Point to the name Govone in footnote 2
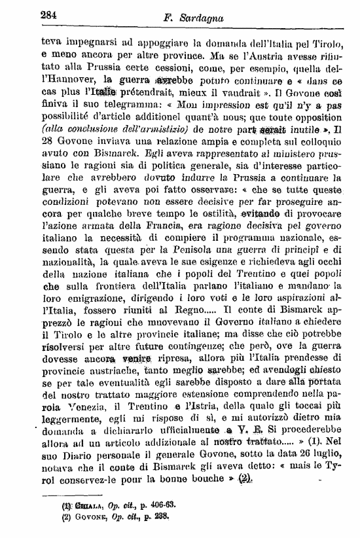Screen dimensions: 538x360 [77, 516]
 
